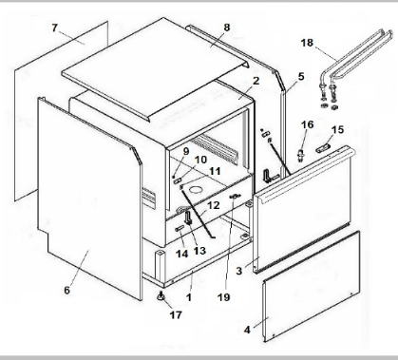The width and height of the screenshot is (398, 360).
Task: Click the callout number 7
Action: coord(55,28)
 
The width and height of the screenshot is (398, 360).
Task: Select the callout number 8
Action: coord(227,28)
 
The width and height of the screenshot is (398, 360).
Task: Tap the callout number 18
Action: coord(307,43)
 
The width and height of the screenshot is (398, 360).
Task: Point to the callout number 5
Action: coord(301,76)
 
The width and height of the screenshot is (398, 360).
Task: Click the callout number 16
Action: coord(307,124)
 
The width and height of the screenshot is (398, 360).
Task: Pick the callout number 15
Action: coord(338,129)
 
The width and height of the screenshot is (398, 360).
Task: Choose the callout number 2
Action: coord(256,81)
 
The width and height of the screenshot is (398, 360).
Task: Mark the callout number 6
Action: coord(66,290)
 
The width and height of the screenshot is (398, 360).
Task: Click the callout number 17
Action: coord(176,314)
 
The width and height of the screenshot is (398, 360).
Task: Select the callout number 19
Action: coord(223,297)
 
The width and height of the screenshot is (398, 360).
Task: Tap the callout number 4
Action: coord(247,330)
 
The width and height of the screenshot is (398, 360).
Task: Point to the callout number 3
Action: coord(239,271)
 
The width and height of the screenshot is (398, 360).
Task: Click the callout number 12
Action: coord(213,205)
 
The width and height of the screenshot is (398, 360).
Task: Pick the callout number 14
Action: coord(181,254)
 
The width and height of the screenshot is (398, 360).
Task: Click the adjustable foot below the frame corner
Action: coord(161,296)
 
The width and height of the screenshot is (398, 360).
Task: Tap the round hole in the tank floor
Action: coord(196,190)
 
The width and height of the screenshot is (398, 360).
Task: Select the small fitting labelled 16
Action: coord(301,155)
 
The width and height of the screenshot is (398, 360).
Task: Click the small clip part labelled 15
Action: coord(322,148)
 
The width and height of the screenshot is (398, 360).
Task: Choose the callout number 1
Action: coord(189,297)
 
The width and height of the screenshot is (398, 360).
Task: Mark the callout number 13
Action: coord(199,251)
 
